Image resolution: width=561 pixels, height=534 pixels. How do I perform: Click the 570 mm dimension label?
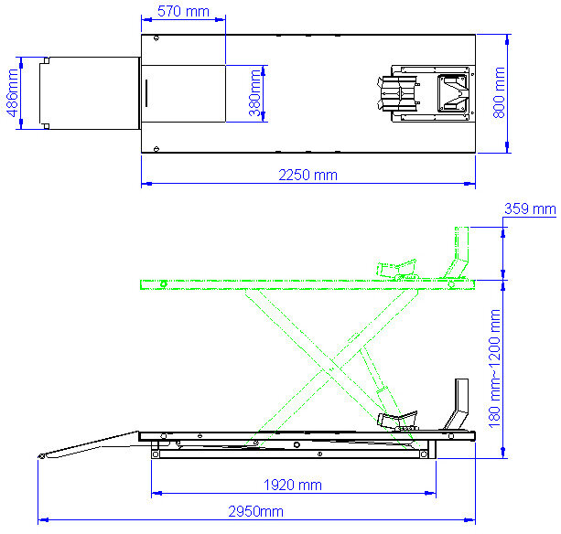pos(183,12)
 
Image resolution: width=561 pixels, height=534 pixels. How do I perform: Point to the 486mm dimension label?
pos(12,91)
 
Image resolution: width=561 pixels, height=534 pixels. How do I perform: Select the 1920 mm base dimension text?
pos(293,484)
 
